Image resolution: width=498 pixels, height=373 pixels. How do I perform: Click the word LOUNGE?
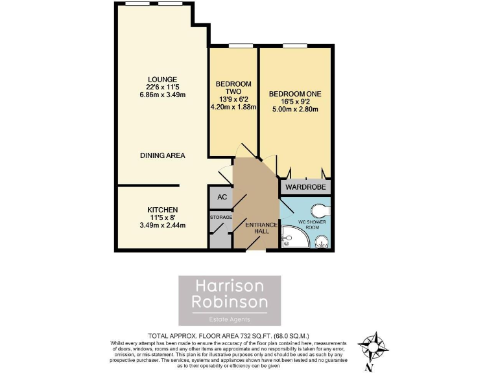(163, 79)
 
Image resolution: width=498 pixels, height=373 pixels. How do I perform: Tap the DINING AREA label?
(163, 155)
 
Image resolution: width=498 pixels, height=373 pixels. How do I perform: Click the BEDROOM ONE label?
(295, 94)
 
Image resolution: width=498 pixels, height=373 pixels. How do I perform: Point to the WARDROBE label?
(305, 188)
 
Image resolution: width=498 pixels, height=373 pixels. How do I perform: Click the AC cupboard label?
(222, 197)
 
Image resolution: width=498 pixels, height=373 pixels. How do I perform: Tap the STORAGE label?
(221, 218)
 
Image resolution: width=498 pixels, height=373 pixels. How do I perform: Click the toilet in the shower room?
(320, 210)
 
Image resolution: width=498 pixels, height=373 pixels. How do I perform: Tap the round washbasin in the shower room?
(320, 242)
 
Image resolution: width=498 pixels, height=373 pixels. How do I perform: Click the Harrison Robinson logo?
(230, 300)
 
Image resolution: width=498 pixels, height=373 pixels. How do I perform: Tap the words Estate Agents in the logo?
(230, 319)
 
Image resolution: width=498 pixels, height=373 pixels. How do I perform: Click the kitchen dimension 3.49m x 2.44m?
(162, 225)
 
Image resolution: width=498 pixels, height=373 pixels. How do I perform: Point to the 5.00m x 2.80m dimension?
(295, 109)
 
